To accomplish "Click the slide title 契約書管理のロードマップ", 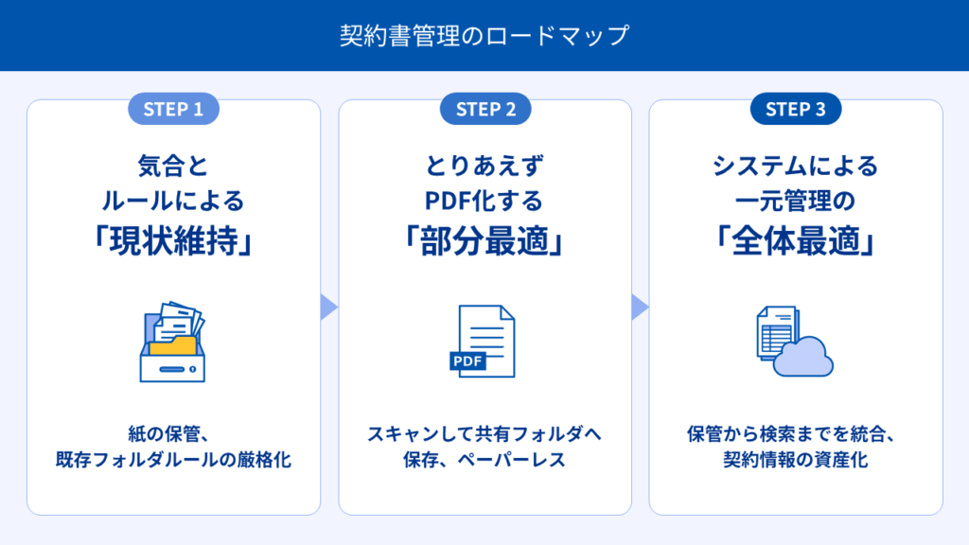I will tap(484, 36).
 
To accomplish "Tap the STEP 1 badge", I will tap(173, 109).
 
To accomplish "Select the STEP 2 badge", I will tap(485, 109).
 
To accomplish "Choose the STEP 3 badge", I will tap(796, 109).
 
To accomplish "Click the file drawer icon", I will tap(172, 343).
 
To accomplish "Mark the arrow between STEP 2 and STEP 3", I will tap(640, 307).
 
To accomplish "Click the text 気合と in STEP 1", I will tap(173, 167).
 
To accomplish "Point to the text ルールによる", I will tap(173, 201).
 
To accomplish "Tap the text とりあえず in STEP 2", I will tap(484, 167).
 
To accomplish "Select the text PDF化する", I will tap(484, 201).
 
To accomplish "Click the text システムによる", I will tap(796, 167).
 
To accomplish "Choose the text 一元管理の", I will tap(796, 201).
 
